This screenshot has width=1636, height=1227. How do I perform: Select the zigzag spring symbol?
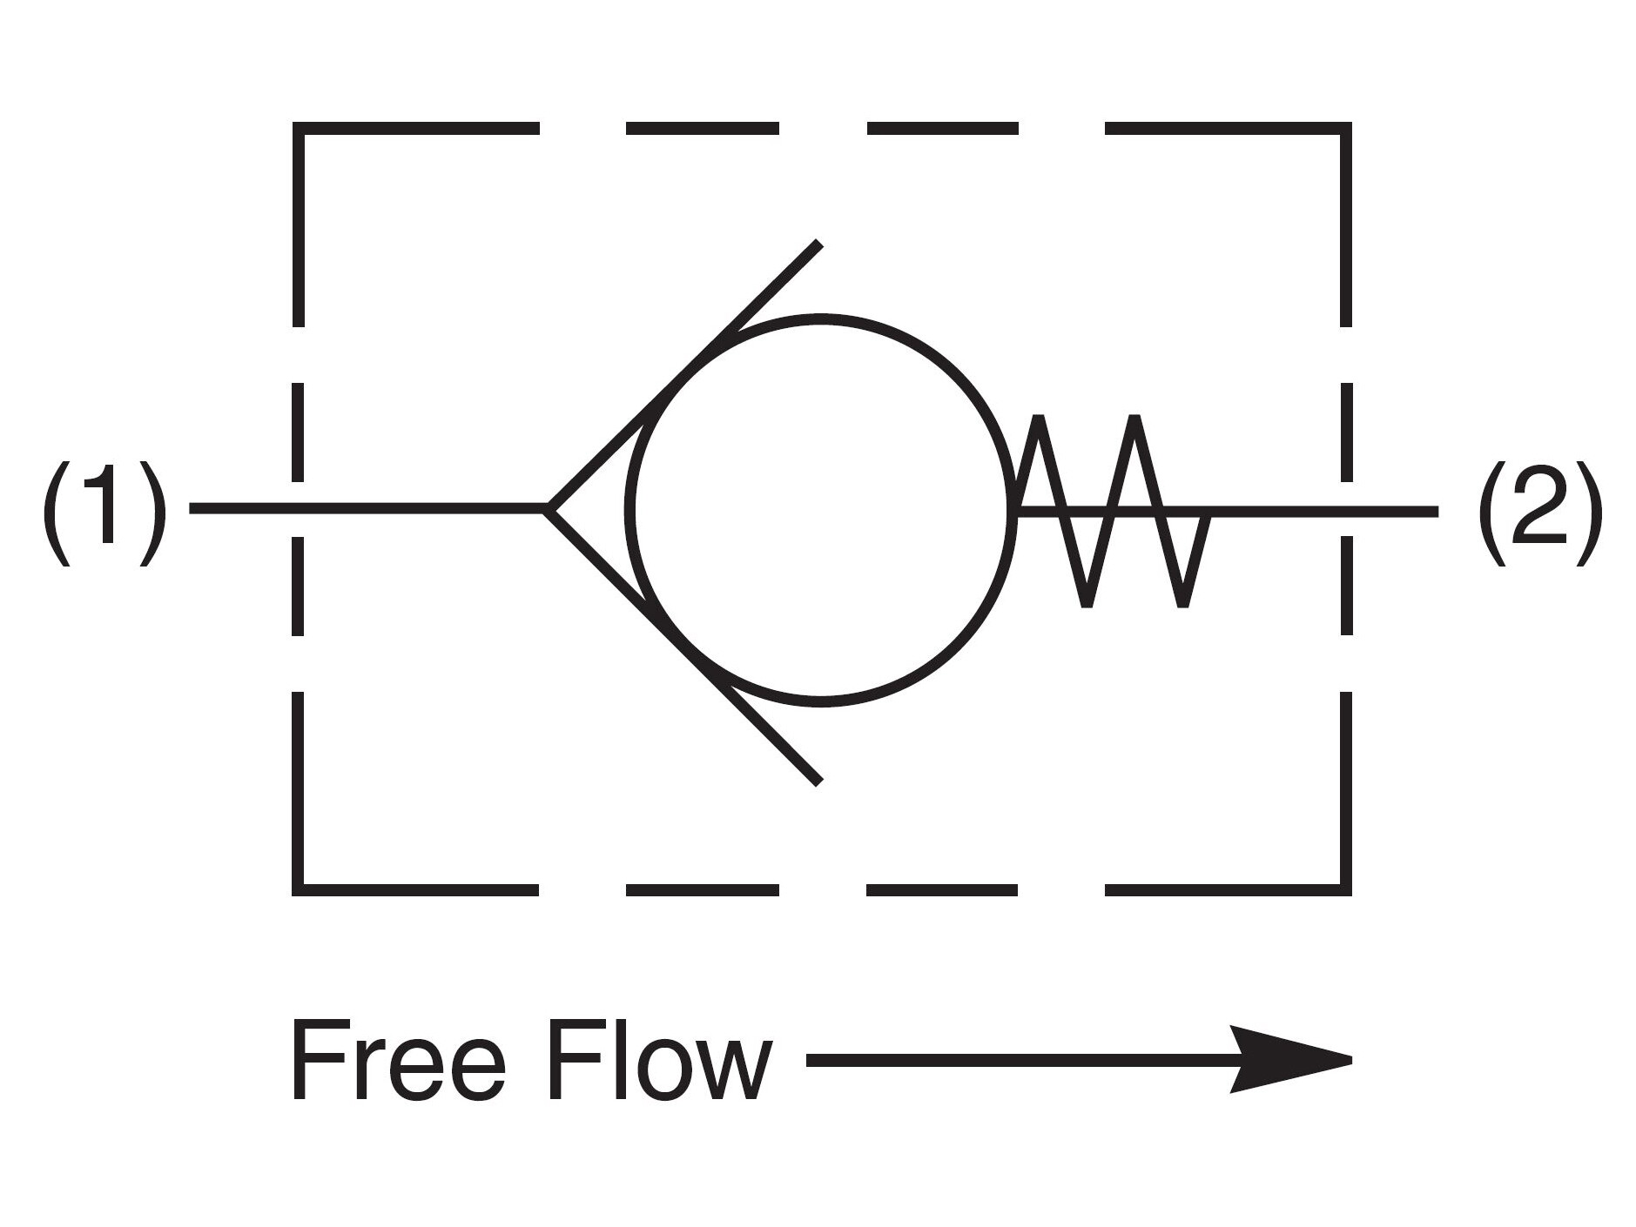1110,510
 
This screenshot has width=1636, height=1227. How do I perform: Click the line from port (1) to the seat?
366,508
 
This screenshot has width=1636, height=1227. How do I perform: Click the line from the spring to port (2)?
1323,510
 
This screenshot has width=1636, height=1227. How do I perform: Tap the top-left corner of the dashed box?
299,129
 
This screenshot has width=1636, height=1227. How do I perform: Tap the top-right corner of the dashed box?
1345,129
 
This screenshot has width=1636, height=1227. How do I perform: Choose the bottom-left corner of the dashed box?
299,889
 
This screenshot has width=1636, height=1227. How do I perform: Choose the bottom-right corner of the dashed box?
1345,889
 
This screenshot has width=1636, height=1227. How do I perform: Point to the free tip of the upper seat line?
818,243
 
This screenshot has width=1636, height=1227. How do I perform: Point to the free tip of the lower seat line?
818,781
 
